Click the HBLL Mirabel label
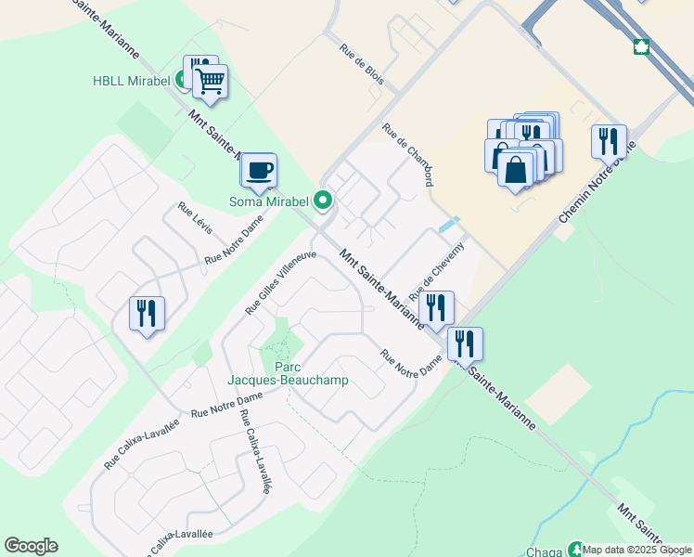[132, 81]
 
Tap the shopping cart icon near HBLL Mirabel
[211, 83]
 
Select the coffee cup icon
[259, 171]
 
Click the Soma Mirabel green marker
[323, 200]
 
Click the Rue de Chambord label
[409, 155]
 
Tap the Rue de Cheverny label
[443, 266]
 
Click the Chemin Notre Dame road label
[598, 183]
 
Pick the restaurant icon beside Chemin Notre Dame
[609, 141]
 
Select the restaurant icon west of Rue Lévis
[147, 313]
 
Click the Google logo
[31, 546]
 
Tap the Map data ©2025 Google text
[636, 550]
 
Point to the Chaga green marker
[576, 550]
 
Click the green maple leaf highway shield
[640, 46]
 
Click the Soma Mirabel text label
[270, 201]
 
